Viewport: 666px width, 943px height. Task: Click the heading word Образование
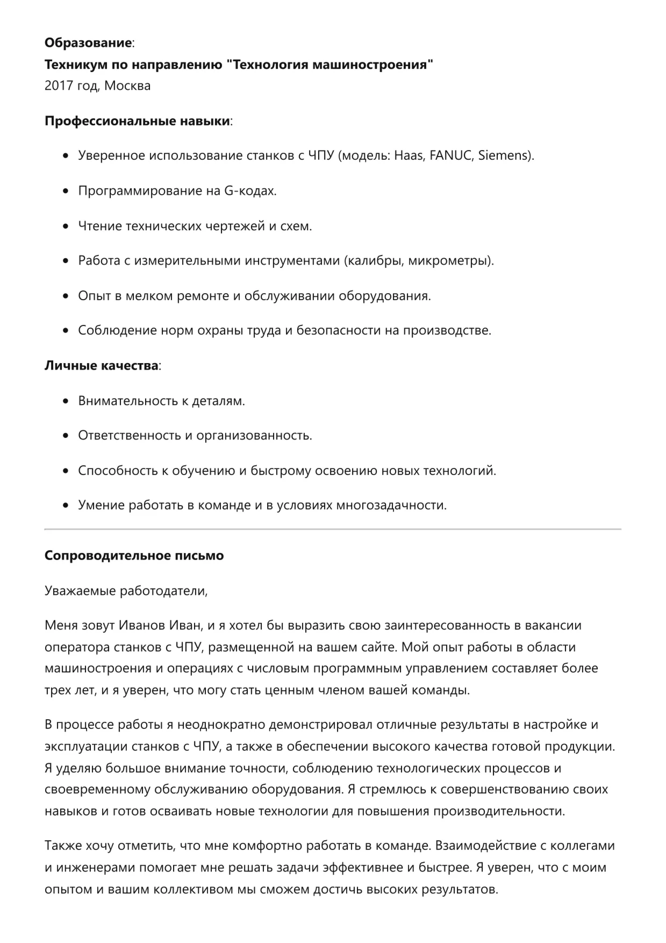(88, 42)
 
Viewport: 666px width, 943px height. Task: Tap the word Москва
(127, 86)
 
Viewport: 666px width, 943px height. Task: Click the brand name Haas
(410, 156)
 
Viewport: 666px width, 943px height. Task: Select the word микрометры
(450, 261)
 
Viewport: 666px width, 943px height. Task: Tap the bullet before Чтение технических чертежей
(66, 226)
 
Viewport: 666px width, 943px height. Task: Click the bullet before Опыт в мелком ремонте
(66, 296)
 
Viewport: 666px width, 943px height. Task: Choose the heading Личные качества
(102, 366)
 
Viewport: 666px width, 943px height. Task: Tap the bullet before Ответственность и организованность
(66, 436)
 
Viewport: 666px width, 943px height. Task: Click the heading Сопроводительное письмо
(134, 556)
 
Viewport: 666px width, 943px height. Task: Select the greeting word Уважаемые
(80, 591)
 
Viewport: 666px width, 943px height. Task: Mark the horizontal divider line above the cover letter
(333, 529)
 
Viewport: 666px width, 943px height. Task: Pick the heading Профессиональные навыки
(137, 120)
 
